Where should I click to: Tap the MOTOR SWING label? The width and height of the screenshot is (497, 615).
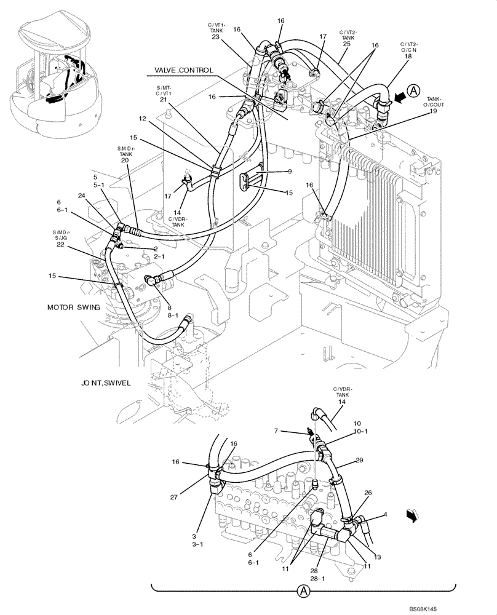(73, 307)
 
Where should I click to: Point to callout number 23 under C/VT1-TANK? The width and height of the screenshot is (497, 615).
(216, 36)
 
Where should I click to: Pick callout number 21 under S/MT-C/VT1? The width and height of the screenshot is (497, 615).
(163, 100)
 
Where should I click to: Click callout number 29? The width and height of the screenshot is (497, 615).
(359, 460)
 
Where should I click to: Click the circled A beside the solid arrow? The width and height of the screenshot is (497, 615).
(414, 90)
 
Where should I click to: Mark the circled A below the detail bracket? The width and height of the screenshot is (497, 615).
(303, 592)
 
